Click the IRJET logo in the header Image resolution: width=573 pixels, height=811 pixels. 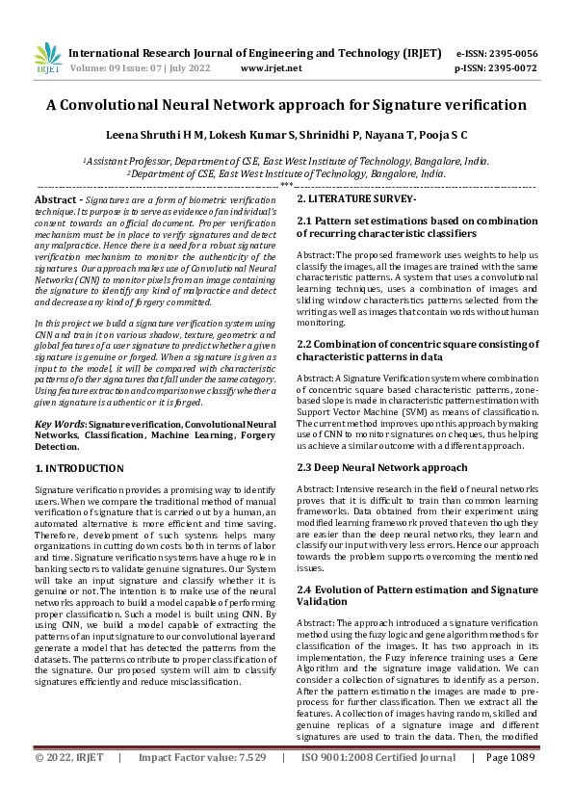(x=47, y=58)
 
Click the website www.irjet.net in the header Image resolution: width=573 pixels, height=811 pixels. (x=271, y=68)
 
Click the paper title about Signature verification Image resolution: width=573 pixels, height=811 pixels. (x=286, y=105)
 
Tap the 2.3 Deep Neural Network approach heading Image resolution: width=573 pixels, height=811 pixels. (x=382, y=466)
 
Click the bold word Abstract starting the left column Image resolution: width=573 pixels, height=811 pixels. (x=55, y=197)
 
